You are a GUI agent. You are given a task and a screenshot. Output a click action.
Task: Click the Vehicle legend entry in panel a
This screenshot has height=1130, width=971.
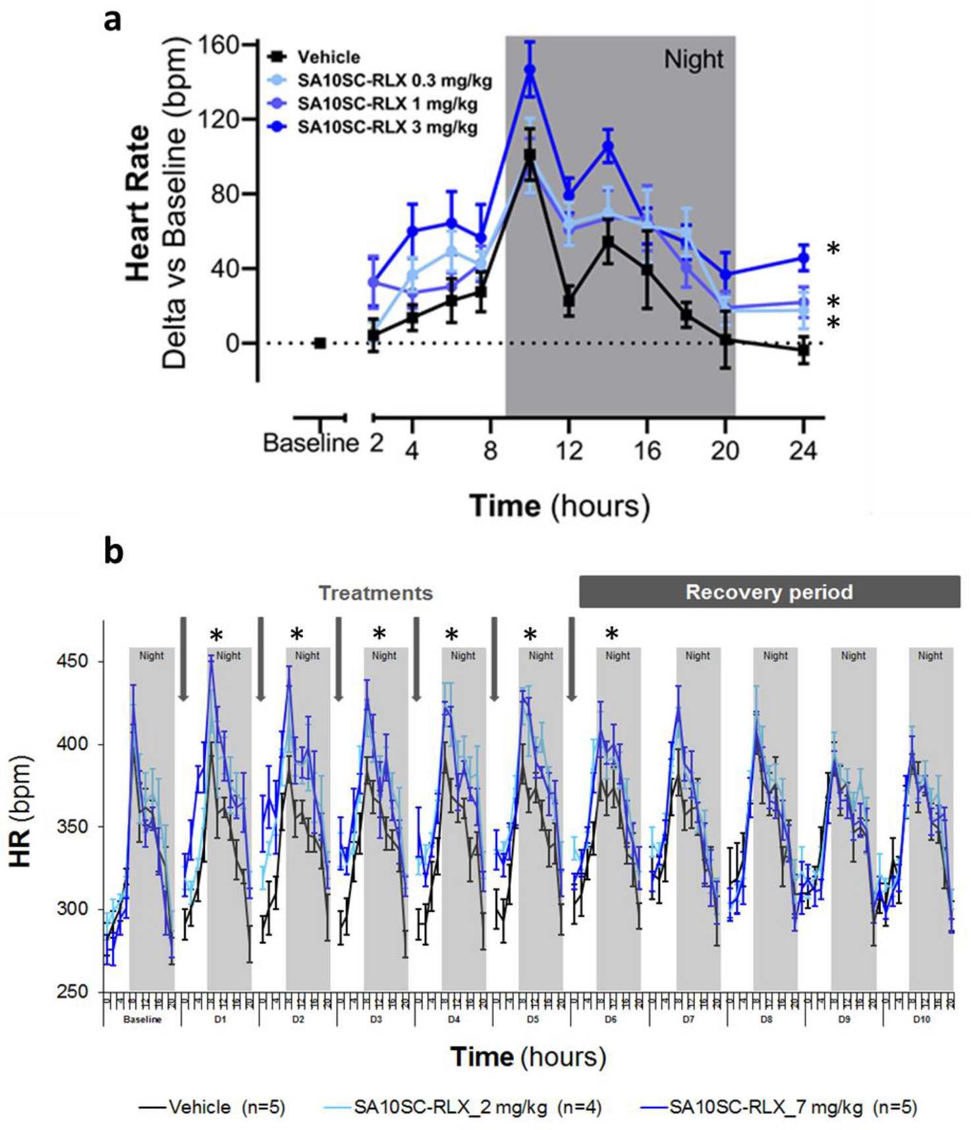click(327, 57)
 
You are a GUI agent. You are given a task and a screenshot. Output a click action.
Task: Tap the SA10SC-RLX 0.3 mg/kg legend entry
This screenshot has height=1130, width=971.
click(393, 81)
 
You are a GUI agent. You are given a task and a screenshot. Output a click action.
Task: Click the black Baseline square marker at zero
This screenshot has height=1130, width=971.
click(320, 343)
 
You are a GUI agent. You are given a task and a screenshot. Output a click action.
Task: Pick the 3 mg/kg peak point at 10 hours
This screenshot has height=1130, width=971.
click(530, 70)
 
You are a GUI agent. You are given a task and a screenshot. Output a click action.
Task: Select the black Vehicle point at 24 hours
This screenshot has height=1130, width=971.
click(803, 351)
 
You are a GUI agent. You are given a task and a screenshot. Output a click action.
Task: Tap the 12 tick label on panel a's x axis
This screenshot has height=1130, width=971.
click(569, 451)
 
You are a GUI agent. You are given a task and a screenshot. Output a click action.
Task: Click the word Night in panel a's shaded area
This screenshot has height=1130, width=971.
click(693, 60)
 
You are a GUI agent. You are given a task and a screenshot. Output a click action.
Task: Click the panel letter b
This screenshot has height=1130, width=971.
click(113, 551)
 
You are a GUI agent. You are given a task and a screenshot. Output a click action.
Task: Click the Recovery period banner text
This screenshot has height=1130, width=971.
click(769, 592)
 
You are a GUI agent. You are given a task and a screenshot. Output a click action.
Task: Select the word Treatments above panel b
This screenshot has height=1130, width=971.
click(375, 593)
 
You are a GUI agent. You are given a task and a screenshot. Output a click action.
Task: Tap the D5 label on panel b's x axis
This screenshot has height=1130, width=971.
click(532, 1019)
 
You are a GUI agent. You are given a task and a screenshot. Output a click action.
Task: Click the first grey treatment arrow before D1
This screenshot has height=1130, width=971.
click(184, 659)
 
